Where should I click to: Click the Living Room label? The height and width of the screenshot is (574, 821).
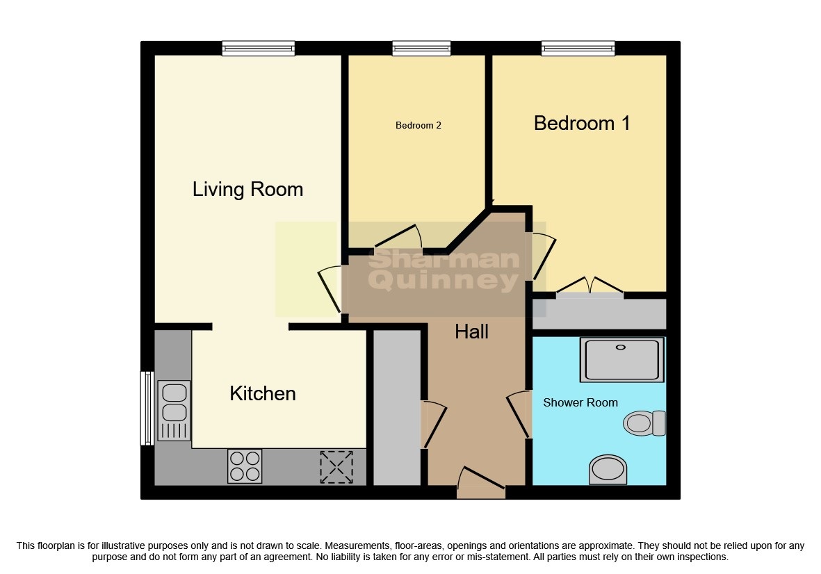coord(247,189)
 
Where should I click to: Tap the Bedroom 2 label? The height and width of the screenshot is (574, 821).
coord(418,126)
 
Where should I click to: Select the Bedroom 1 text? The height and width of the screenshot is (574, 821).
coord(582,124)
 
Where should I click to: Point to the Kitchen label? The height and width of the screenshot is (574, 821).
coord(263,394)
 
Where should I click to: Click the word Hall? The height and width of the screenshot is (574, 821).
coord(471,332)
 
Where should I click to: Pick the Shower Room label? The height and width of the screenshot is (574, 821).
coord(580,402)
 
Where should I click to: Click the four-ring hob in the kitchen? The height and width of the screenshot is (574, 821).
coord(245,466)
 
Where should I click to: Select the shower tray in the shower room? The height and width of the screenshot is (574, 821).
coord(621,360)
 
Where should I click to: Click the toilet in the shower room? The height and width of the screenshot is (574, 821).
coord(644,423)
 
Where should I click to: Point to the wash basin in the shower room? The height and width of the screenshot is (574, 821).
coord(608,469)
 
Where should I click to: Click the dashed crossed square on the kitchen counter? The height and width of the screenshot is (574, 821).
coord(336,467)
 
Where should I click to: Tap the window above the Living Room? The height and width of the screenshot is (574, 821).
coord(259,48)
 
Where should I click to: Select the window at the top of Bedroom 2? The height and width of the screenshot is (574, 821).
coord(421,48)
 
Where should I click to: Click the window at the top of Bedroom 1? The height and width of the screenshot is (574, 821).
coord(578,48)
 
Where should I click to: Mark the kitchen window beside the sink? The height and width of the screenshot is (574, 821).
coord(146,408)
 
